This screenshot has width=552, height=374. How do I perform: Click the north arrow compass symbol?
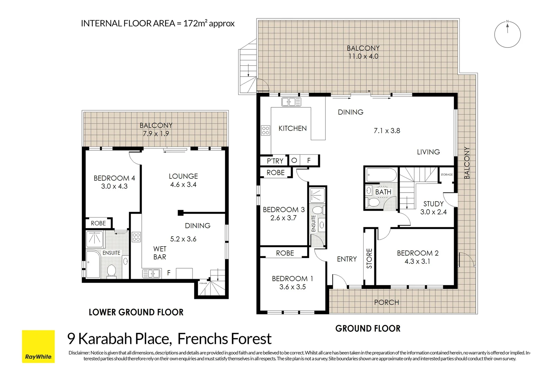click(507, 34)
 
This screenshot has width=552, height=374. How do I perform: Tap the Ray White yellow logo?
click(38, 346)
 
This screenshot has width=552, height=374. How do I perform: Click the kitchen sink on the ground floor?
click(291, 102)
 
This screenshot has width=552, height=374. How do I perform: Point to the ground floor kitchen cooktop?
click(265, 130)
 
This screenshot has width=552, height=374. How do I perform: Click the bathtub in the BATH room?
click(381, 175)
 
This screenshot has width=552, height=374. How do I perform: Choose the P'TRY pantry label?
click(275, 161)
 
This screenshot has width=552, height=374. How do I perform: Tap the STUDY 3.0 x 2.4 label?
click(433, 208)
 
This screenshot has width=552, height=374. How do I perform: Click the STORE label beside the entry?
click(369, 258)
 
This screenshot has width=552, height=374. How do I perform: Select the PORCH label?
click(386, 302)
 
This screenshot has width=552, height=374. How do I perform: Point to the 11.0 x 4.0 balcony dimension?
click(363, 56)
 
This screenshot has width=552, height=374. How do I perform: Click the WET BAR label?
click(160, 253)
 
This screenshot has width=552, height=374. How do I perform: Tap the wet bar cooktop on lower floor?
click(136, 237)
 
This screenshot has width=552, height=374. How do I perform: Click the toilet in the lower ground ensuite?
click(112, 271)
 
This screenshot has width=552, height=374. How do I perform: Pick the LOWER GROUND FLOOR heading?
click(136, 312)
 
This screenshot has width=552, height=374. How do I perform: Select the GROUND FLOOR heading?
click(368, 329)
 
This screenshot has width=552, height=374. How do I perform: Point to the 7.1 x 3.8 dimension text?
click(387, 131)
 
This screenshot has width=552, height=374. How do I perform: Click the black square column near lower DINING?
click(181, 213)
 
